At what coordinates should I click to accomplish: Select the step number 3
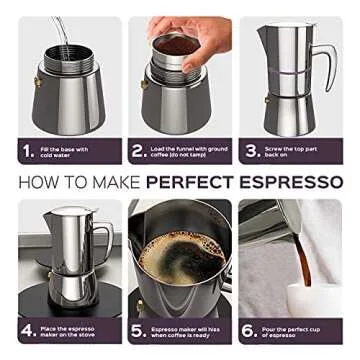[x=250, y=153]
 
